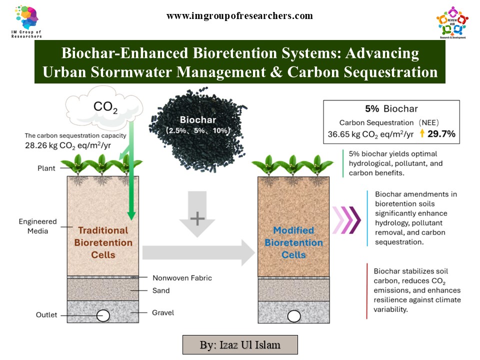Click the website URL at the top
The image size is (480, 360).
click(x=239, y=16)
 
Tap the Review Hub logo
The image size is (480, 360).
click(x=452, y=22)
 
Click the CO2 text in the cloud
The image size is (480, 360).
click(x=105, y=106)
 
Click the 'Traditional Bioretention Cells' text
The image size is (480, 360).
click(x=103, y=242)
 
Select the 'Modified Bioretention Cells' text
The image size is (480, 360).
click(x=293, y=242)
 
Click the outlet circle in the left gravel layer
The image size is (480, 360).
click(x=103, y=315)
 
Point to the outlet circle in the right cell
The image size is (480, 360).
click(x=294, y=316)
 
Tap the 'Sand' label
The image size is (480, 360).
click(x=160, y=290)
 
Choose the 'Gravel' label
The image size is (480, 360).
click(x=163, y=313)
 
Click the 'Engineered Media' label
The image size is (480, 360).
click(x=37, y=226)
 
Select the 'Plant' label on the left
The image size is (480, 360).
click(x=46, y=168)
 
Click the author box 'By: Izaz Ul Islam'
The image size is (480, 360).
click(x=240, y=344)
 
